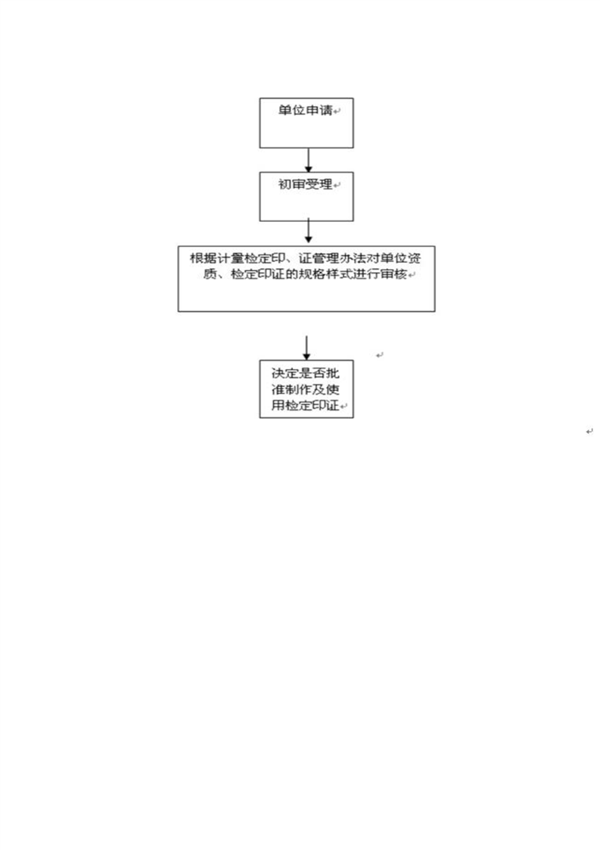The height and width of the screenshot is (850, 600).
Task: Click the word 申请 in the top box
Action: click(x=319, y=110)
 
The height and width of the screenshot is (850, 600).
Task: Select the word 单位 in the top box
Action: click(x=292, y=110)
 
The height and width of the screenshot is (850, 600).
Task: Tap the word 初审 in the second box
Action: click(x=292, y=184)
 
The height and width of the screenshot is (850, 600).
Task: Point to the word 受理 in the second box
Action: click(x=319, y=184)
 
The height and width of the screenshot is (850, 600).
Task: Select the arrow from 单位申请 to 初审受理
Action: click(x=308, y=161)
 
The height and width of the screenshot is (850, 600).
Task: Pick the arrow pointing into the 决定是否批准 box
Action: click(x=306, y=348)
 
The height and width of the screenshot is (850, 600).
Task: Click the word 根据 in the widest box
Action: click(x=203, y=258)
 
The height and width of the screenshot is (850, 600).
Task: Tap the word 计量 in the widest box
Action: click(x=230, y=258)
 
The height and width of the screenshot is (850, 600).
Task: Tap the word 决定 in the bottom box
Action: click(x=284, y=373)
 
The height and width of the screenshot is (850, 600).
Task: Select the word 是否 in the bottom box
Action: click(x=312, y=373)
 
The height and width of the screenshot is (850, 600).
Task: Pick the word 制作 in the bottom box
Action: click(x=298, y=389)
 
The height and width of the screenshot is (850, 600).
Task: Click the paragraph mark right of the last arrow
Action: click(x=380, y=355)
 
